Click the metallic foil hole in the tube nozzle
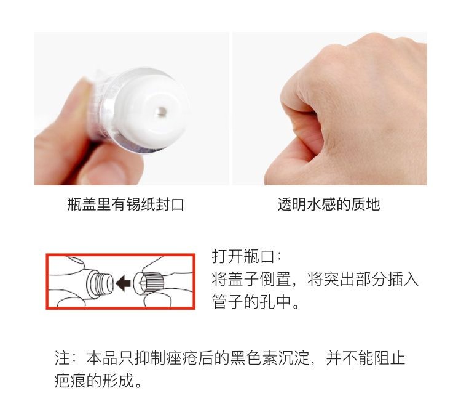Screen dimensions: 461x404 [161, 111]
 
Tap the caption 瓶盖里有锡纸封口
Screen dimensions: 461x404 [126, 204]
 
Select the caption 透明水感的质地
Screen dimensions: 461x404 [329, 204]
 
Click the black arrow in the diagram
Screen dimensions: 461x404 [124, 283]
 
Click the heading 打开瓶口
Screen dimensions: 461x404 [243, 256]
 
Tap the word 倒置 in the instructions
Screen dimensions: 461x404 [275, 279]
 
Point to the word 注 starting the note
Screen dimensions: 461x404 [62, 358]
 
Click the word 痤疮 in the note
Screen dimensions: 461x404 [181, 358]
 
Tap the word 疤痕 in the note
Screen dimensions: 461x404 [70, 381]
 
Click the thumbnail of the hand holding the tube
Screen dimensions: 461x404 [132, 109]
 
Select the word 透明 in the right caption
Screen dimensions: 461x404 [292, 204]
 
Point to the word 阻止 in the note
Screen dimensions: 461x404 [389, 358]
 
